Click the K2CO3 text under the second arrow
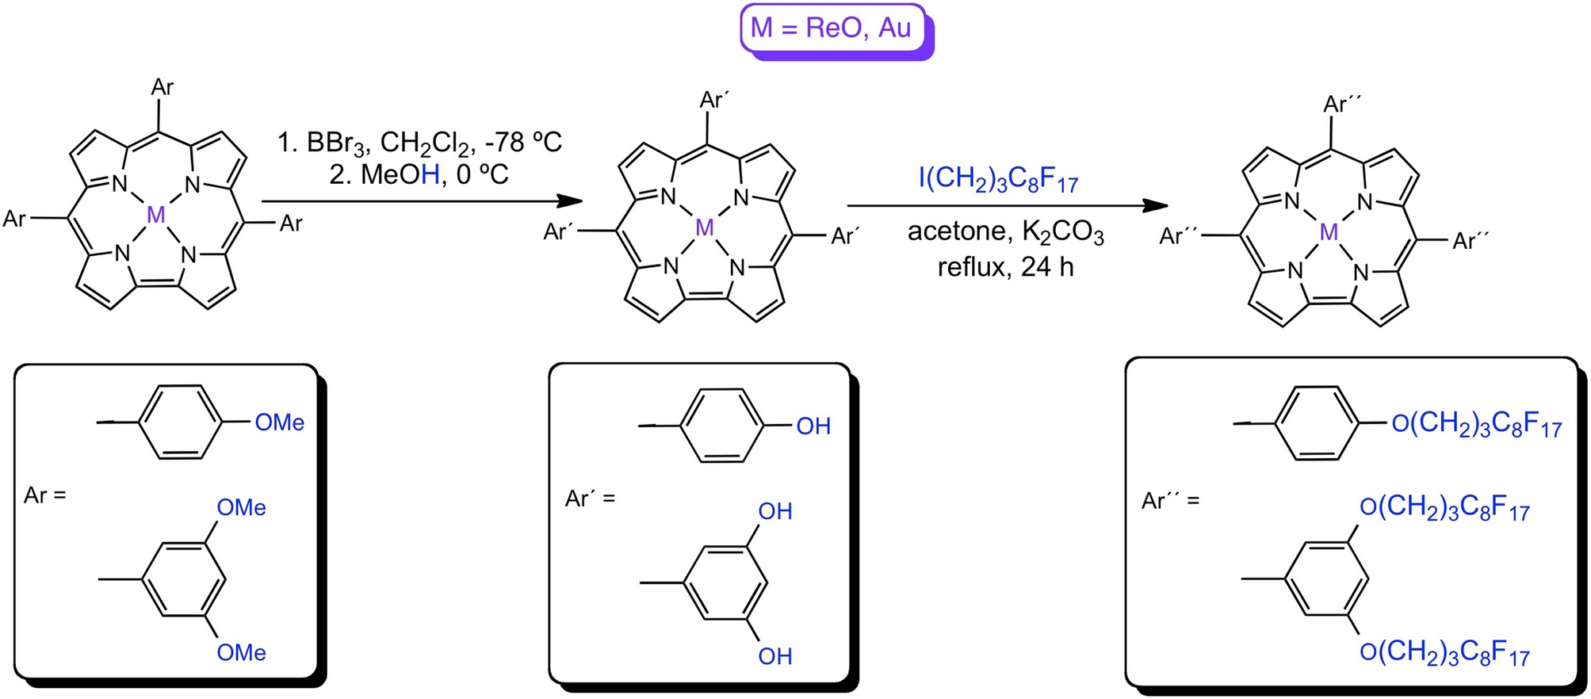(x=1062, y=233)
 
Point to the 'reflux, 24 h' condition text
(x=1005, y=267)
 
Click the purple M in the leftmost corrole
(x=156, y=214)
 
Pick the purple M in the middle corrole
(x=704, y=228)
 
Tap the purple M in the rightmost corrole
(x=1329, y=232)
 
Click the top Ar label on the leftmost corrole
(x=162, y=87)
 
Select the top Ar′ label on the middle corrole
(x=713, y=100)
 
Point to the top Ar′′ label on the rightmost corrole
(x=1340, y=104)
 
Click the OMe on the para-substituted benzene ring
(x=279, y=422)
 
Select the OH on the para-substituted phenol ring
(x=813, y=426)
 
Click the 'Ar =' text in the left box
(x=45, y=496)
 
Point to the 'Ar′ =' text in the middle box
(x=590, y=498)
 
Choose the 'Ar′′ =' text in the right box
(x=1170, y=501)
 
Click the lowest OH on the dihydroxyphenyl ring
(x=774, y=656)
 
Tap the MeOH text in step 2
(x=400, y=174)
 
